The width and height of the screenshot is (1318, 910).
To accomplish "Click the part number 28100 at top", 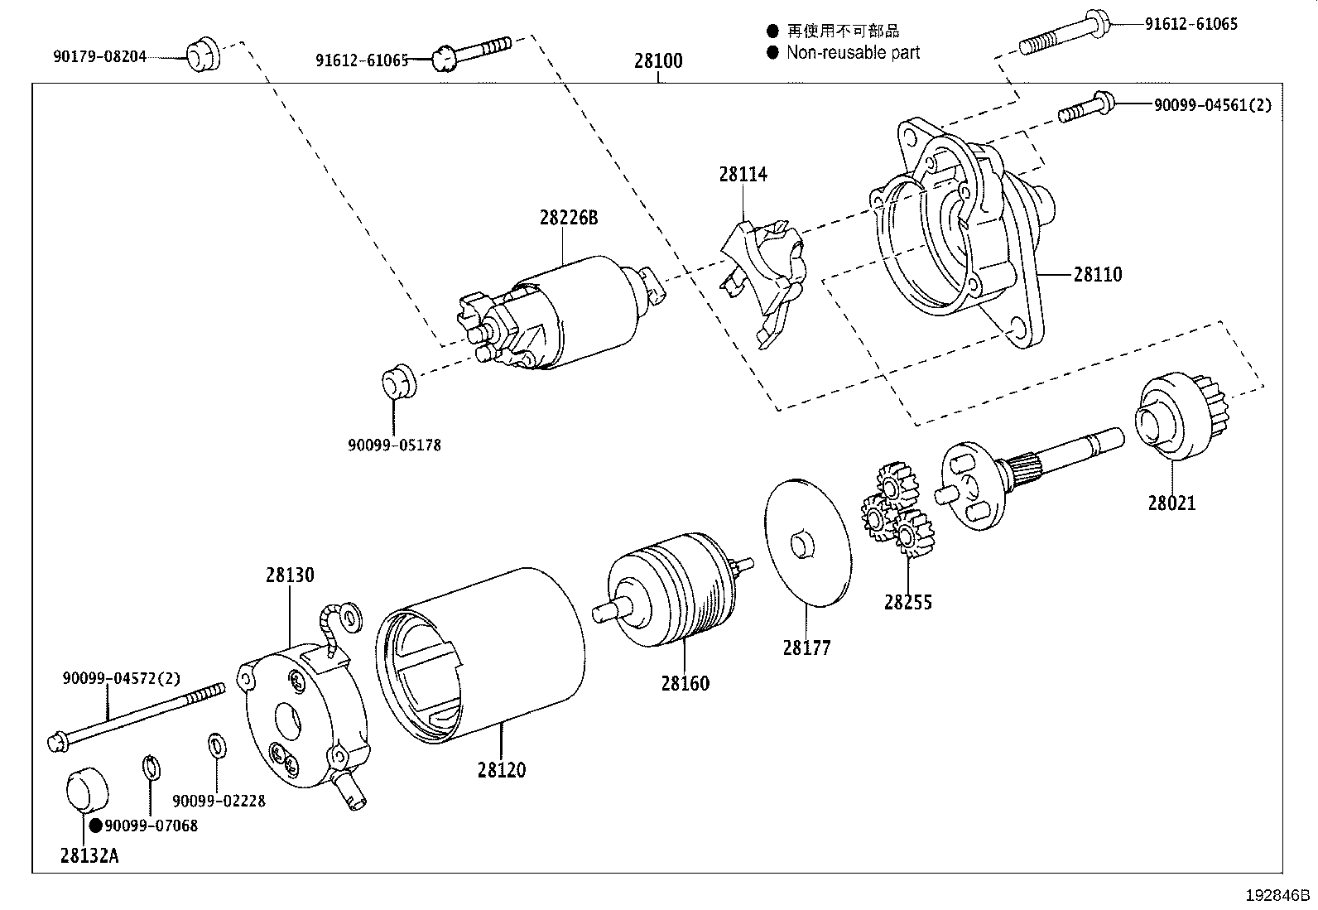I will (x=659, y=60).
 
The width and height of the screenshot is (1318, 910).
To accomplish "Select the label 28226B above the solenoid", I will (x=568, y=218).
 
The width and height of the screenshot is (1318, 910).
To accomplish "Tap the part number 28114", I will (x=743, y=174).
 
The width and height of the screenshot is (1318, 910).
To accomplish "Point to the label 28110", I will (x=1098, y=274).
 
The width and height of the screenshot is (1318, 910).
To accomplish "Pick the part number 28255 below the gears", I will (x=907, y=602).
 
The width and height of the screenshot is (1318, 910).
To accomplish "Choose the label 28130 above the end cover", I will (x=290, y=575).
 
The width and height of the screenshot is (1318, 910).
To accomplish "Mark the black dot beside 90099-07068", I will (x=95, y=825).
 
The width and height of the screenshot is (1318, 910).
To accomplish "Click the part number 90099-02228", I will (x=219, y=801).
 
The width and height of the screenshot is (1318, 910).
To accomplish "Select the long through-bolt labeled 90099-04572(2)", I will (x=137, y=713).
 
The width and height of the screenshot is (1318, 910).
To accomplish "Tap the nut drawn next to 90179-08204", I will (x=201, y=55).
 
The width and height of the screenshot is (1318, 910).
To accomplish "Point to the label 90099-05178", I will (x=394, y=445).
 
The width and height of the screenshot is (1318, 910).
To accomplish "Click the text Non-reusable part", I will (x=853, y=53).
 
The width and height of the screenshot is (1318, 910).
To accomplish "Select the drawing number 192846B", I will (x=1278, y=895).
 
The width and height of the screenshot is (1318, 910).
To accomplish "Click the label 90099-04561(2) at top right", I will (x=1213, y=104).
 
